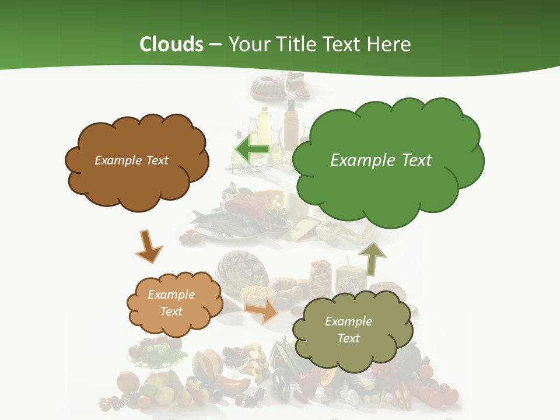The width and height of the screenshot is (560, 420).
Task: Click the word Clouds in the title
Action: click(x=171, y=44)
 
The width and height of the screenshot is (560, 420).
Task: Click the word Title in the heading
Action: click(x=297, y=44)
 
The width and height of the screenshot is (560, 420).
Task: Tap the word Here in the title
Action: click(x=390, y=44)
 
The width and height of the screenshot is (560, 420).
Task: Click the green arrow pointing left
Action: click(x=251, y=150)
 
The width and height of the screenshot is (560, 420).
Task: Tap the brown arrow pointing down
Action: click(x=148, y=247)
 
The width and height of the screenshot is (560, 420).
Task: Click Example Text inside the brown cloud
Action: click(x=131, y=160)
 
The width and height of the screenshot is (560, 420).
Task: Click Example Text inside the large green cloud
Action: click(x=381, y=160)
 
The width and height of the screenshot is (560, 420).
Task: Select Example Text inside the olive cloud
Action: click(x=348, y=330)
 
